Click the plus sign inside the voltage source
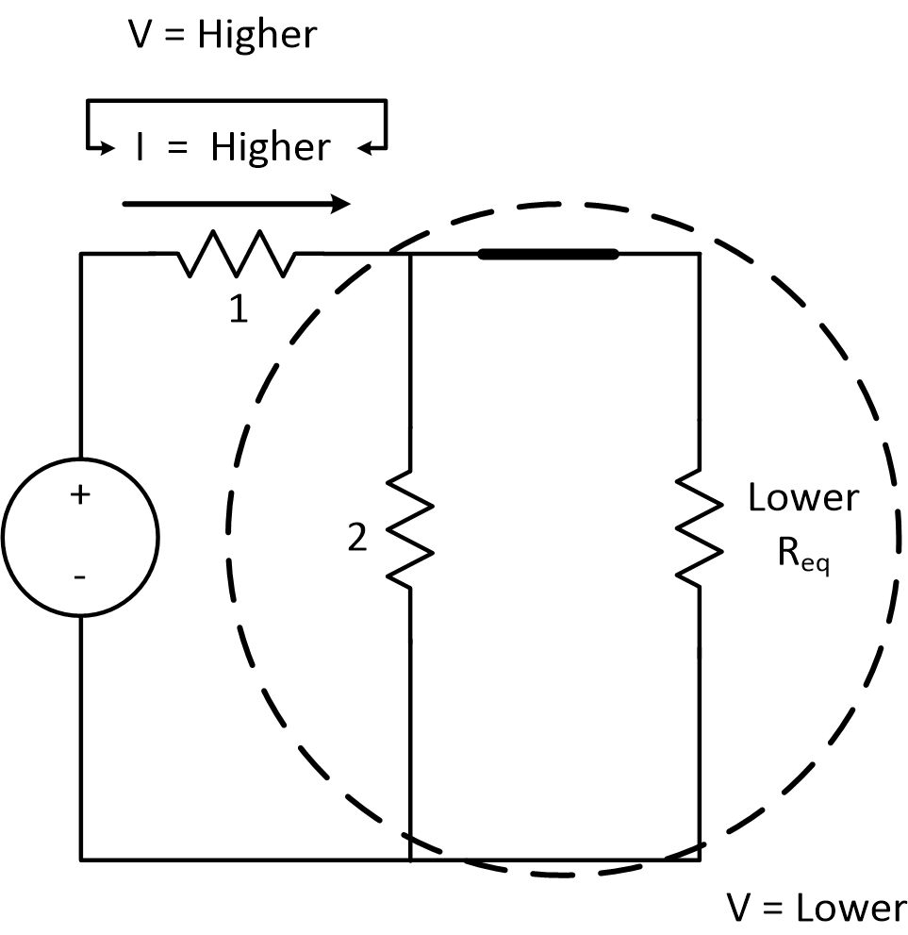pyautogui.click(x=80, y=493)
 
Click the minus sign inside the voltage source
pyautogui.click(x=79, y=575)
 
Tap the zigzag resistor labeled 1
pyautogui.click(x=235, y=254)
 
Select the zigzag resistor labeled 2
pyautogui.click(x=410, y=528)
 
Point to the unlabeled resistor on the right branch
pyautogui.click(x=700, y=528)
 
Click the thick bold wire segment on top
pyautogui.click(x=548, y=253)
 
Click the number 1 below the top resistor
pyautogui.click(x=239, y=309)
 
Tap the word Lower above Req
pyautogui.click(x=803, y=497)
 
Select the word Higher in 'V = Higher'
pyautogui.click(x=257, y=35)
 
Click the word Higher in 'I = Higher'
pyautogui.click(x=271, y=147)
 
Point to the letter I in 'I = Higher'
pyautogui.click(x=140, y=148)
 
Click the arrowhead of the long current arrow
pyautogui.click(x=341, y=203)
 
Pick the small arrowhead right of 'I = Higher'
pyautogui.click(x=369, y=147)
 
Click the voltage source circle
pyautogui.click(x=80, y=536)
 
